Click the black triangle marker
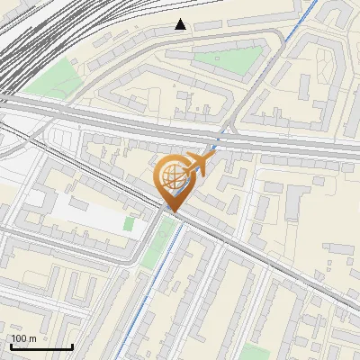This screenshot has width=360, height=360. pyautogui.click(x=181, y=24)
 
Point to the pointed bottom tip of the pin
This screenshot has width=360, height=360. pyautogui.click(x=175, y=211)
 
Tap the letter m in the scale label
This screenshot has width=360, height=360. pyautogui.click(x=33, y=338)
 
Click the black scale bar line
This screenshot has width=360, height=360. pyautogui.click(x=41, y=346)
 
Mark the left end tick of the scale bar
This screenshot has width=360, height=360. pyautogui.click(x=11, y=345)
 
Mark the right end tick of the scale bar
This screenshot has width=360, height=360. pyautogui.click(x=72, y=345)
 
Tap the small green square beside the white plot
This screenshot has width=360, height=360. pyautogui.click(x=129, y=223)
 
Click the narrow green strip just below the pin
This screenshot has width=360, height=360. pyautogui.click(x=161, y=238)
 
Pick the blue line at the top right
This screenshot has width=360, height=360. pyautogui.click(x=306, y=18)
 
